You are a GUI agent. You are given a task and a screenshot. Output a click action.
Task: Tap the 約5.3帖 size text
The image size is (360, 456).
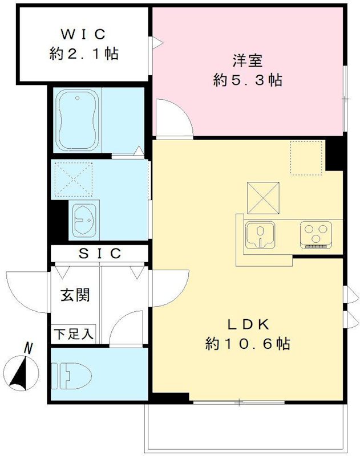247,80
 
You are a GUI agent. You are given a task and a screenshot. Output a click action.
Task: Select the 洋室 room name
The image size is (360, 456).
247,59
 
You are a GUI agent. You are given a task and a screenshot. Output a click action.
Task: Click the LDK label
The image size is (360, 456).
248,324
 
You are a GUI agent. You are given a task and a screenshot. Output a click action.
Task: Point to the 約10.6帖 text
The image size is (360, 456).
248,344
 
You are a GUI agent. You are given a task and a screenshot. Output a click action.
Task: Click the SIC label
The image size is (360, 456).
100,253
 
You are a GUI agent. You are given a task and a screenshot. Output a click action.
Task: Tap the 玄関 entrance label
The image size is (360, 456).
75,295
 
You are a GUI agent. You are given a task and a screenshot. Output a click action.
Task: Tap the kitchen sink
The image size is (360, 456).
260,235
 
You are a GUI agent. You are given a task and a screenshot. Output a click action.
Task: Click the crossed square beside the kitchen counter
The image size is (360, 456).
263,197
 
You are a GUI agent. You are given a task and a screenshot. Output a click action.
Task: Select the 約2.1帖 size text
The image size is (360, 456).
84,55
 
